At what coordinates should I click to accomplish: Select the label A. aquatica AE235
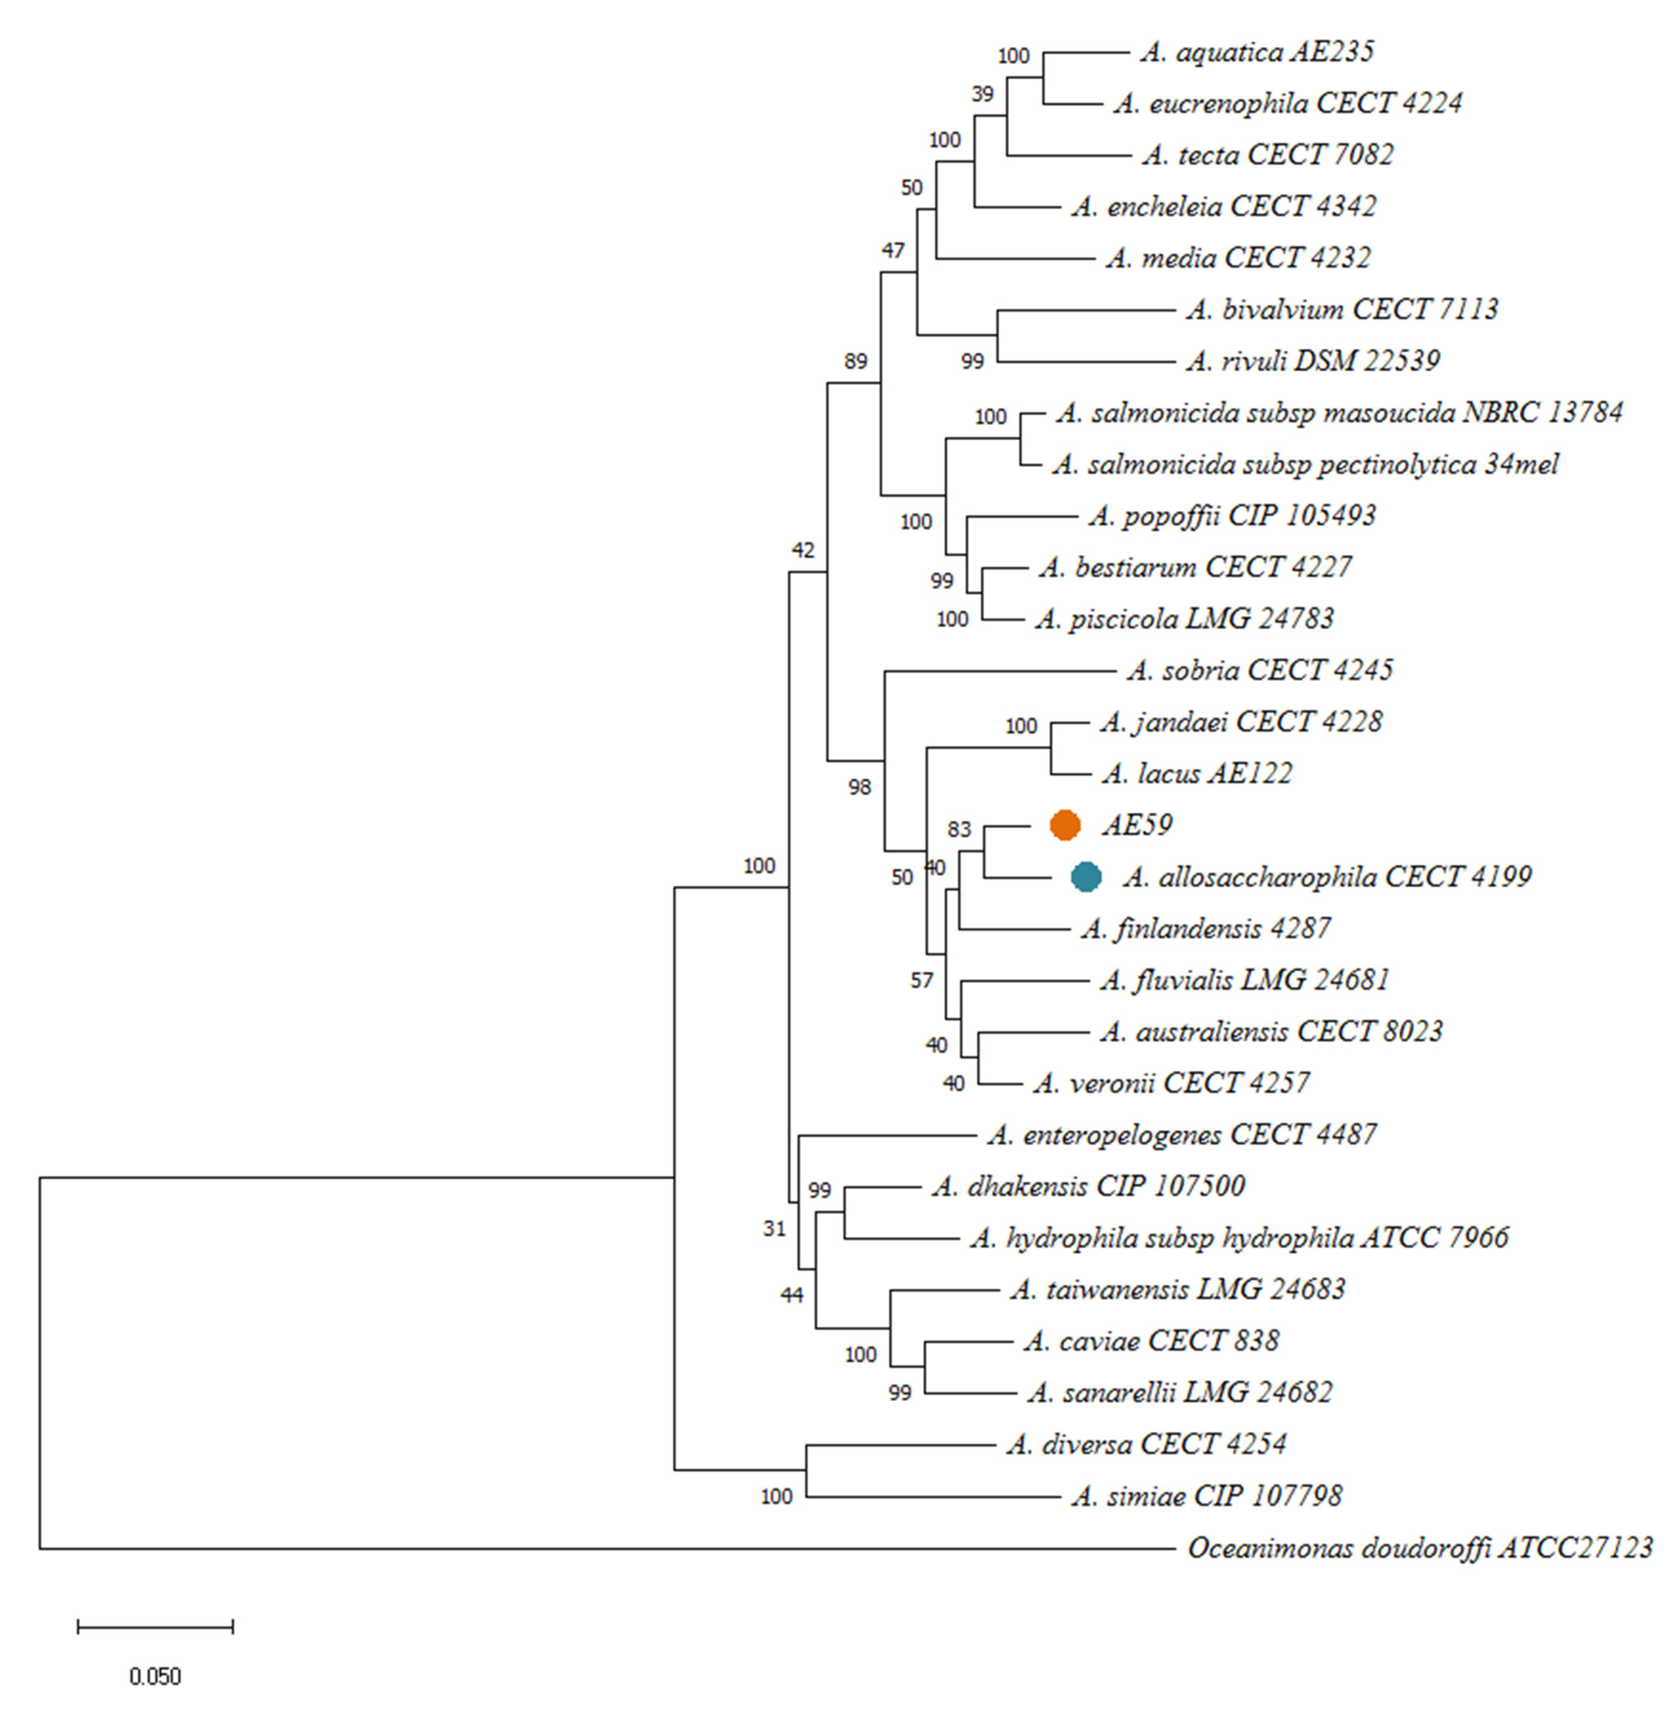click(x=1257, y=52)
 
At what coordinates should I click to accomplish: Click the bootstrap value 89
click(x=855, y=361)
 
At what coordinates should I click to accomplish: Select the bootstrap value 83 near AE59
click(x=959, y=829)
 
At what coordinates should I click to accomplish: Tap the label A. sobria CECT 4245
click(x=1259, y=670)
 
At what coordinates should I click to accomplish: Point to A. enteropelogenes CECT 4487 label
click(x=1182, y=1134)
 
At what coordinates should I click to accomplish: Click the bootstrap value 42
click(x=803, y=550)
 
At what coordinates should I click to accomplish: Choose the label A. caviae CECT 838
click(x=1151, y=1341)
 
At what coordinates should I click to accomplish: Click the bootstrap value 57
click(x=922, y=980)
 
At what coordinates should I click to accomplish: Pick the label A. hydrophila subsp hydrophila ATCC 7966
click(x=1239, y=1237)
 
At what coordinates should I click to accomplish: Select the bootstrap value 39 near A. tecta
click(x=982, y=94)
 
